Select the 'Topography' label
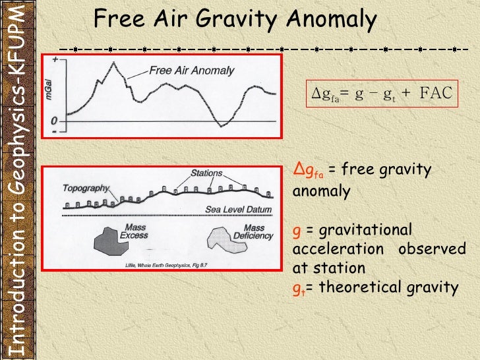tap(86, 187)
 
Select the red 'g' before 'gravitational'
tap(296, 231)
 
